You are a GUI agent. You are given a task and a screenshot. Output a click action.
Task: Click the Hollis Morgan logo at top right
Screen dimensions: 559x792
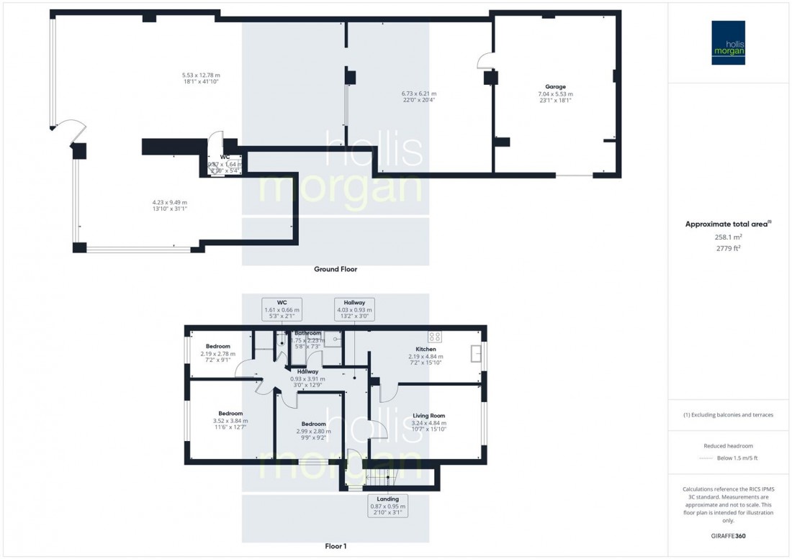pyautogui.click(x=728, y=42)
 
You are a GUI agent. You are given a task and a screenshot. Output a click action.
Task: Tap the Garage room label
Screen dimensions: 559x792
pyautogui.click(x=555, y=86)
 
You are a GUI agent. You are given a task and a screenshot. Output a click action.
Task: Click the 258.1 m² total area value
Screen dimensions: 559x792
pyautogui.click(x=728, y=235)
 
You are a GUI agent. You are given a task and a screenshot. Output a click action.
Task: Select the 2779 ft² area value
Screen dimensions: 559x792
pyautogui.click(x=728, y=247)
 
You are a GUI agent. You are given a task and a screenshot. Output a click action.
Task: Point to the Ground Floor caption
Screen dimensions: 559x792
pyautogui.click(x=335, y=269)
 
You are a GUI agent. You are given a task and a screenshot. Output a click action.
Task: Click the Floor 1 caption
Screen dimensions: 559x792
pyautogui.click(x=335, y=546)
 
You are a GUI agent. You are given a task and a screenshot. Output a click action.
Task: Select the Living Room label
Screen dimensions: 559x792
pyautogui.click(x=428, y=416)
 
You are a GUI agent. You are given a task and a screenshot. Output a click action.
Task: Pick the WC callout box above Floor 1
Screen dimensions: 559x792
pyautogui.click(x=282, y=309)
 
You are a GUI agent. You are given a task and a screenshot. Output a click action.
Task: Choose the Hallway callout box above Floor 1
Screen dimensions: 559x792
pyautogui.click(x=354, y=309)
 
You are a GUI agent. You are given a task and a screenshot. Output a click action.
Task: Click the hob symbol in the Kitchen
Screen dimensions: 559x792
pyautogui.click(x=435, y=336)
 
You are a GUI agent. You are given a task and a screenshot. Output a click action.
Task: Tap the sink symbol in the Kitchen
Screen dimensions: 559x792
pyautogui.click(x=475, y=353)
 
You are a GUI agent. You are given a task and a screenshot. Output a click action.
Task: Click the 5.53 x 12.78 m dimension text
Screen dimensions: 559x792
pyautogui.click(x=201, y=78)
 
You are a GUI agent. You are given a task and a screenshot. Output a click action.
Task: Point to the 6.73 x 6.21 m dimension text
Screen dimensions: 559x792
pyautogui.click(x=418, y=96)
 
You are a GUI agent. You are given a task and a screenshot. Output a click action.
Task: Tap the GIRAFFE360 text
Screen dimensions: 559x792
pyautogui.click(x=728, y=536)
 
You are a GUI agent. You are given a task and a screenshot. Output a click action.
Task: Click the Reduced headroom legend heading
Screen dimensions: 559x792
pyautogui.click(x=728, y=446)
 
